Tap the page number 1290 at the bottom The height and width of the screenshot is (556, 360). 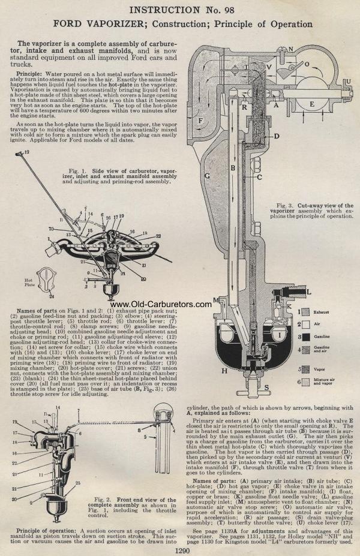tap(182, 550)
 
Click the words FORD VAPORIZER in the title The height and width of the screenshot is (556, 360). tap(89, 24)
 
